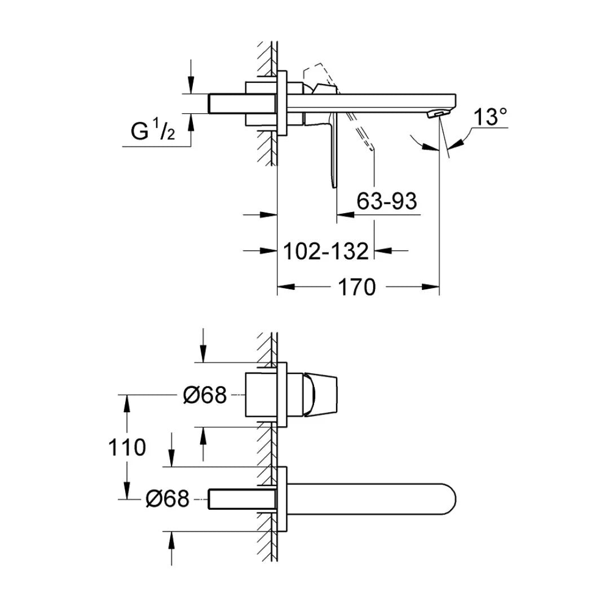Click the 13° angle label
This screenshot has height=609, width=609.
coord(489,118)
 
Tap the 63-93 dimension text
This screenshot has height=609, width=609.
coord(387,201)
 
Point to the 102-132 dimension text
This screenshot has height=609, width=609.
coord(325,251)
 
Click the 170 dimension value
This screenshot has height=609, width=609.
coord(356,287)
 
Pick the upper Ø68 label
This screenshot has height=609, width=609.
coord(205,395)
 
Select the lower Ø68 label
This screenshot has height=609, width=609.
coord(167,498)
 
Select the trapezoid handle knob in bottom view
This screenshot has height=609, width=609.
coord(321,395)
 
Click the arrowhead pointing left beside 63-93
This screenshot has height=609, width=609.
coord(345,214)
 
